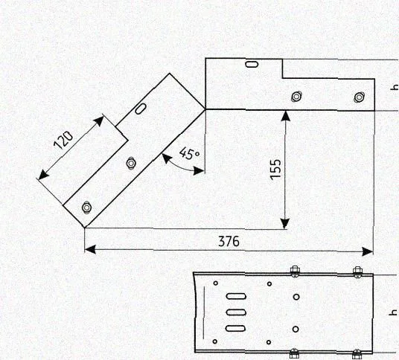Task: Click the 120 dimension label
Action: point(63,140)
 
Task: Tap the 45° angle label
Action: point(189,153)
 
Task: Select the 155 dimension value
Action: point(276,170)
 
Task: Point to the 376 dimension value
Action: point(229,241)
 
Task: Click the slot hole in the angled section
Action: point(141,109)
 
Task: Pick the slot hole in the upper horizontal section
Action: point(252,64)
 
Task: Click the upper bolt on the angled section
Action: point(131,163)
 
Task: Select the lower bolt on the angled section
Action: point(87,208)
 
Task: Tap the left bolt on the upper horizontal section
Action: point(296,97)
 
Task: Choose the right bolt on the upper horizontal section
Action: point(359,97)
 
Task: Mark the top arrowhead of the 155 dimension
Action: point(287,116)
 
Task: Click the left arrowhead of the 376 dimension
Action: point(90,249)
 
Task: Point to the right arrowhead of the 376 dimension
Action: point(368,251)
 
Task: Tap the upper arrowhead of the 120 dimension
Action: point(99,120)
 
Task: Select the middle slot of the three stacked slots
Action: point(236,312)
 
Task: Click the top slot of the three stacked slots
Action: point(236,297)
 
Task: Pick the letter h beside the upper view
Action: point(395,87)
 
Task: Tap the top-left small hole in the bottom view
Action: point(216,283)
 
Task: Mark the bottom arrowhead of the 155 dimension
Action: point(285,223)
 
